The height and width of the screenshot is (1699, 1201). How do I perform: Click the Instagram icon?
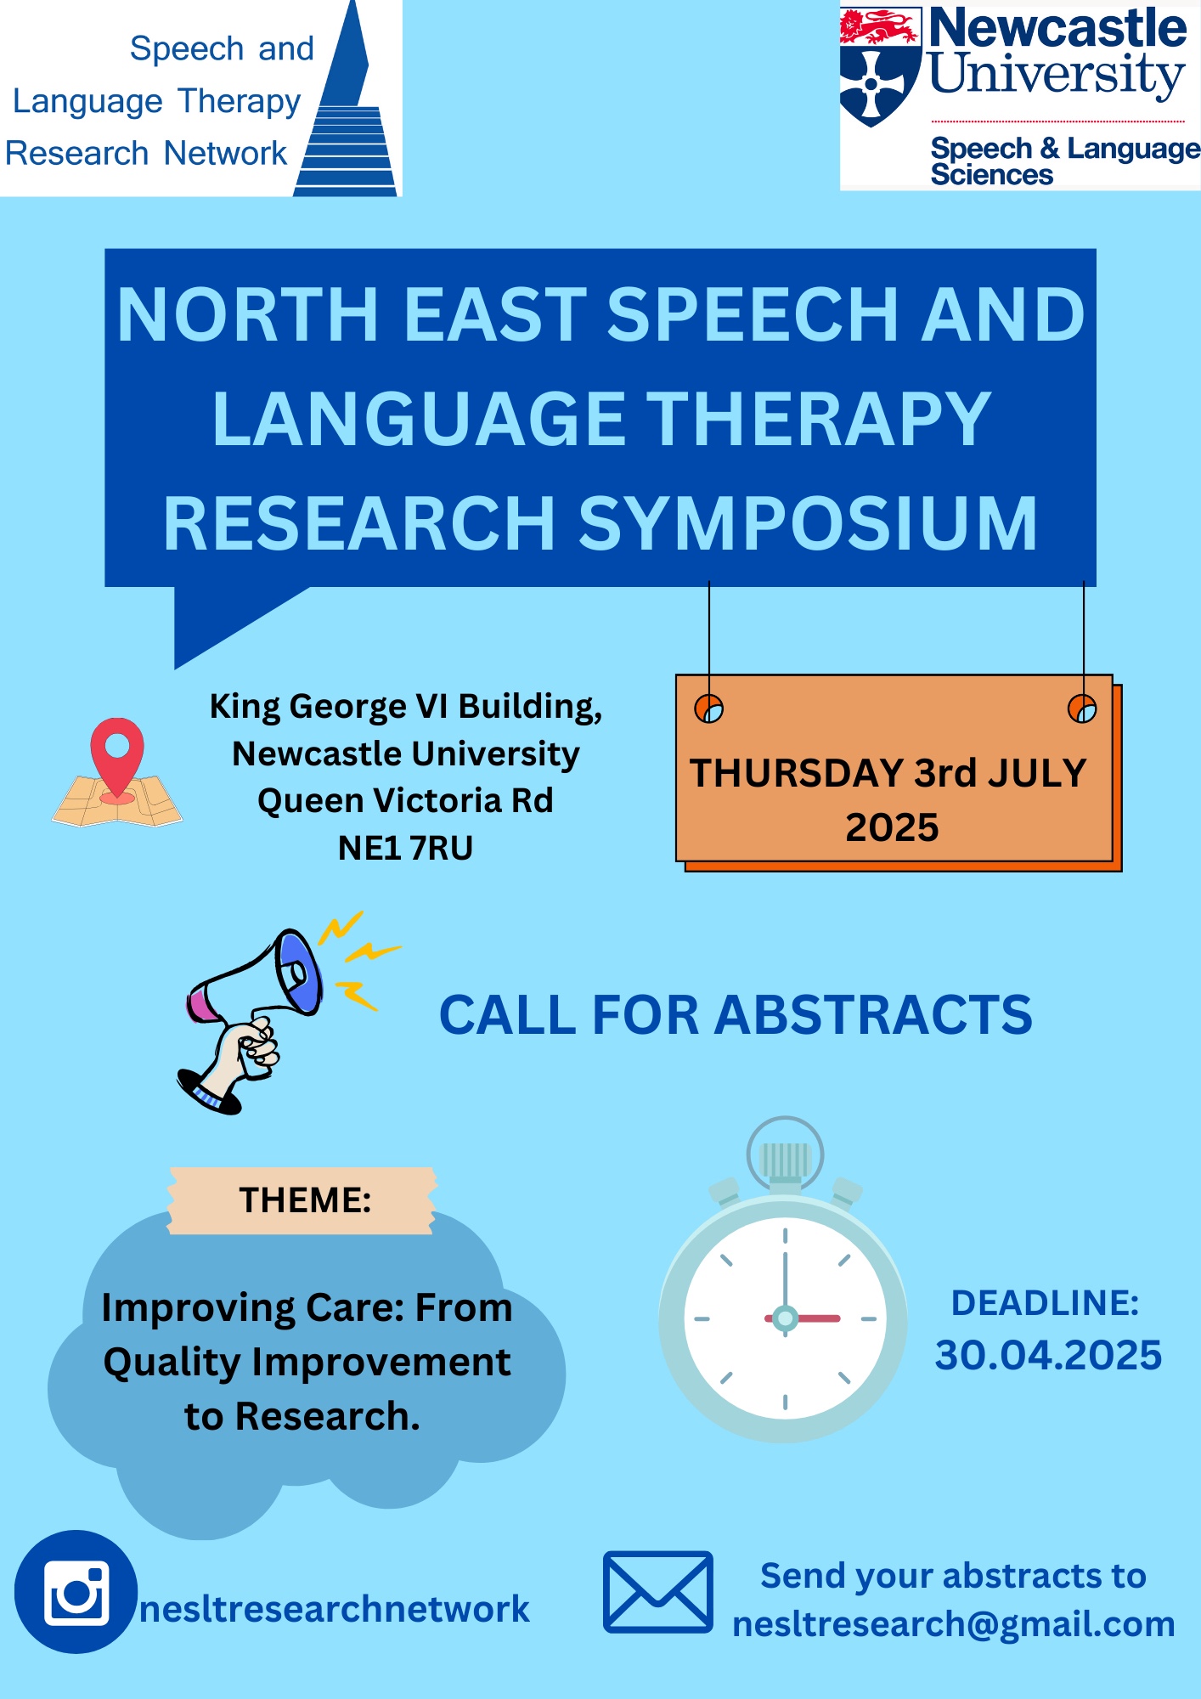click(76, 1591)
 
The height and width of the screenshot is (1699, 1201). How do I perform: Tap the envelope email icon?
click(657, 1592)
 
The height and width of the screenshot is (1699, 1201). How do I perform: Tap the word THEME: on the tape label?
click(305, 1200)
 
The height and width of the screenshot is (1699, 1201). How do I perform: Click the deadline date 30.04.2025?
click(1048, 1355)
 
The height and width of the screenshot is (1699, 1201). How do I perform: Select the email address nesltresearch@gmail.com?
click(954, 1624)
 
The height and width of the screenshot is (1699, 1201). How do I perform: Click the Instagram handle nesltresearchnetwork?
click(335, 1609)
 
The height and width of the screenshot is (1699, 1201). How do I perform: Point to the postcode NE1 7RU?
click(405, 848)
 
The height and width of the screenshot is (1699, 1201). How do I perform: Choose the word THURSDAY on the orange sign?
click(797, 774)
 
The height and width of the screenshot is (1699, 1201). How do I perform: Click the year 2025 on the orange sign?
click(892, 827)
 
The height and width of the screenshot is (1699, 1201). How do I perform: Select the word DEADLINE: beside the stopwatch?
click(1046, 1303)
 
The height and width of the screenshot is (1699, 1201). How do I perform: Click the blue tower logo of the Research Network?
click(347, 99)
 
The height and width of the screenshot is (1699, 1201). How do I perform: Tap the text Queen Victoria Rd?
click(405, 800)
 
